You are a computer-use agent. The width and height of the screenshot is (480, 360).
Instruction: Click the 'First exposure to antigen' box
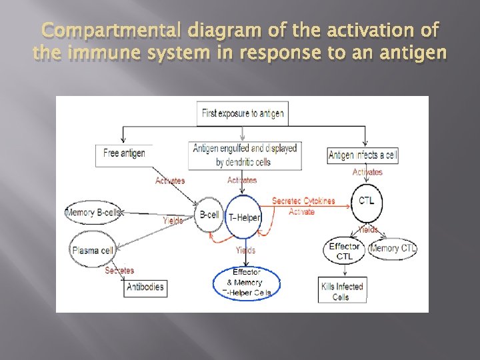click(x=243, y=113)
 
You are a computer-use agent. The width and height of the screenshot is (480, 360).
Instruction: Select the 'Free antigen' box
click(x=124, y=154)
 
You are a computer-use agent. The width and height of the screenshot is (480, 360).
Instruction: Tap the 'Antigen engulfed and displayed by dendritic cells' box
click(x=245, y=155)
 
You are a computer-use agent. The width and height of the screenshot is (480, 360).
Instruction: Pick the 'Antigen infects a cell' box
click(x=363, y=155)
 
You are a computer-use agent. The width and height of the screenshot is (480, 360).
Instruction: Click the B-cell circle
click(x=209, y=214)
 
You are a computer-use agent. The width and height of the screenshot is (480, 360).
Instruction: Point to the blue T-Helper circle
click(x=244, y=217)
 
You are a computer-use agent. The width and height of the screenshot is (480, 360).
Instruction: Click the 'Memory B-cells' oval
click(x=93, y=213)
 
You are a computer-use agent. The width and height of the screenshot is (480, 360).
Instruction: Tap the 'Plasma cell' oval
click(x=95, y=251)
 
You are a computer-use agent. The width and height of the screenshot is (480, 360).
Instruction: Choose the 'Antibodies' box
click(x=144, y=287)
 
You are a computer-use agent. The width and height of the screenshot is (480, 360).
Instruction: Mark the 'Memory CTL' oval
click(x=393, y=249)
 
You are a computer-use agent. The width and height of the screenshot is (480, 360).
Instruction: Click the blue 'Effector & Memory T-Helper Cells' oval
click(x=247, y=283)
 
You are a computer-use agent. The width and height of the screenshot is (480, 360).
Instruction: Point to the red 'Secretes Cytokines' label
click(x=303, y=201)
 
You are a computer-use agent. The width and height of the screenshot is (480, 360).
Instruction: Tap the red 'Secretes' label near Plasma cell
click(x=119, y=271)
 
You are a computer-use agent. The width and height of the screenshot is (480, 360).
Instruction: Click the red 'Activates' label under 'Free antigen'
click(x=170, y=181)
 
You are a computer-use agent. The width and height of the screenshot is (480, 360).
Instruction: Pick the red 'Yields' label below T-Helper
click(x=245, y=251)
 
